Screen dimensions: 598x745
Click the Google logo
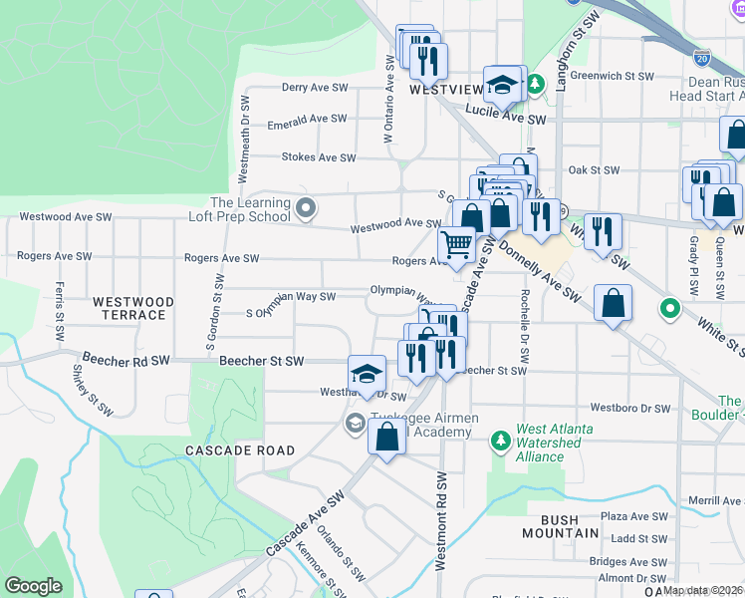[33, 586]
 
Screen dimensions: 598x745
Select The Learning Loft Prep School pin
[307, 209]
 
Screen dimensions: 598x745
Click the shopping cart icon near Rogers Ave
[457, 244]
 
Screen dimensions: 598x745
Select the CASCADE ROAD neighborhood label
[240, 450]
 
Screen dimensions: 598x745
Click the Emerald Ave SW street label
[307, 119]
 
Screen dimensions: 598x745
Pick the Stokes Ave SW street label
[318, 157]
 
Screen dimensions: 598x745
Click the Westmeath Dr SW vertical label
[243, 140]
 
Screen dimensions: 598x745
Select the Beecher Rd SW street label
[126, 357]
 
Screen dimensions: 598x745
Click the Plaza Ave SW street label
[633, 516]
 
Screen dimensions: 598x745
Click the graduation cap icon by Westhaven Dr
[367, 374]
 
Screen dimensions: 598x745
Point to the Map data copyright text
[703, 590]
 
